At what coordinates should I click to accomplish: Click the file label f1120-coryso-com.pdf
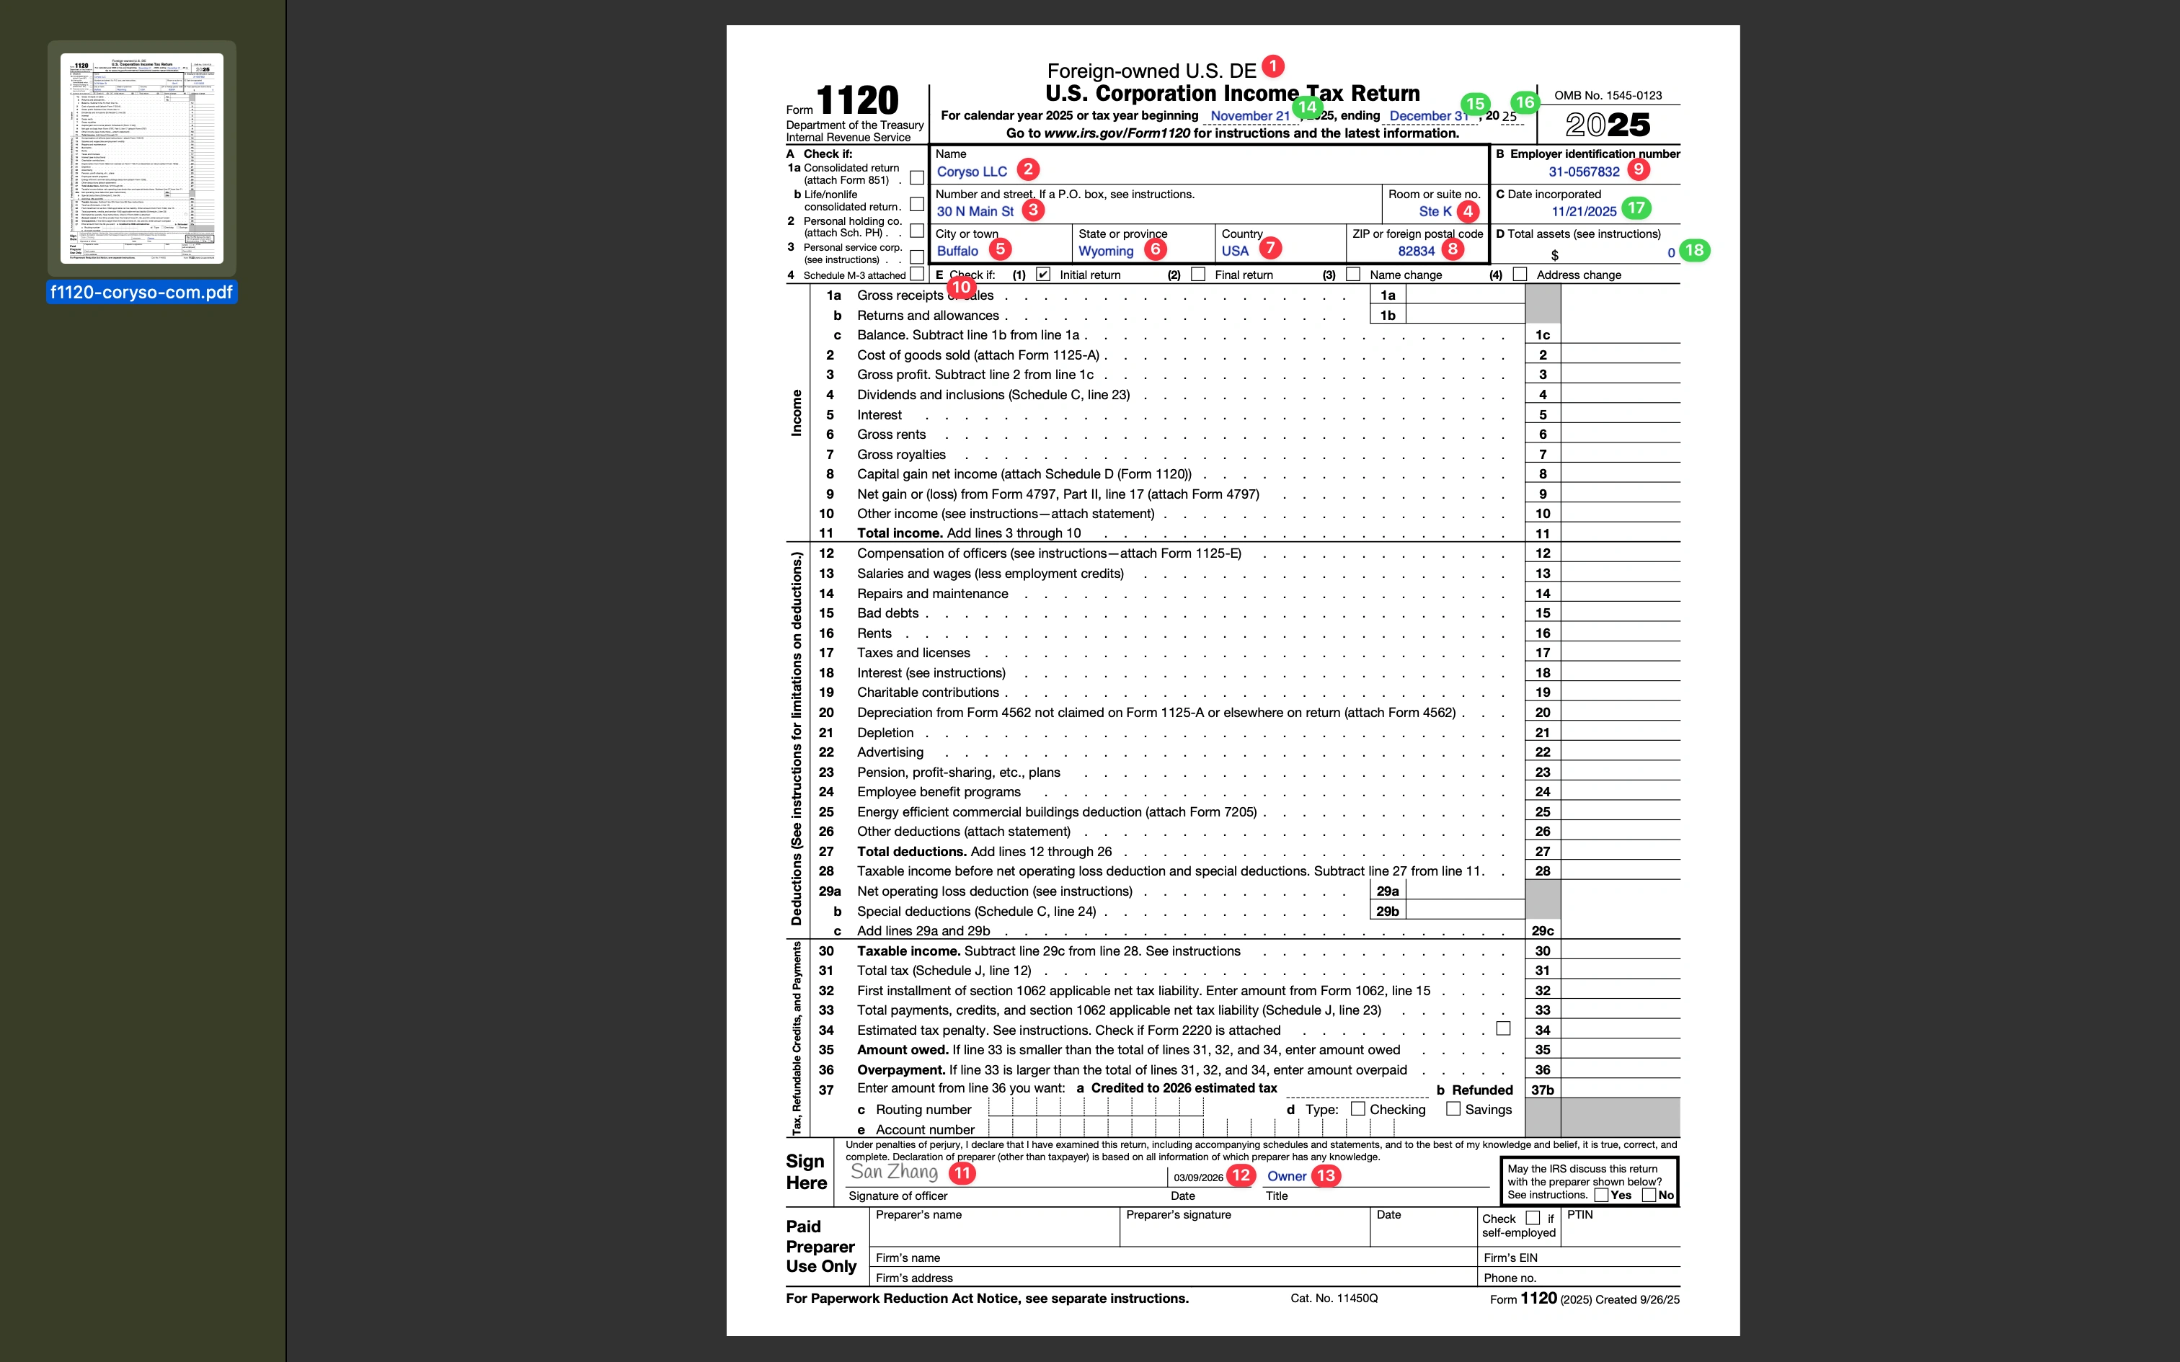141,292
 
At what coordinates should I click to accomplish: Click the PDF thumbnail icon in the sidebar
141,159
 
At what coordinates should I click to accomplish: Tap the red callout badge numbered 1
1273,66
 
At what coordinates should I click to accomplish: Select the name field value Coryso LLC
971,172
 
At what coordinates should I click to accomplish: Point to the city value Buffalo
957,252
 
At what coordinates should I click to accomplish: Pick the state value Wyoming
1105,252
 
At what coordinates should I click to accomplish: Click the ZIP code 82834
1416,252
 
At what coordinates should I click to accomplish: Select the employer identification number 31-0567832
1584,172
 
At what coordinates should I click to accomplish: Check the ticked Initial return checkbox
1043,275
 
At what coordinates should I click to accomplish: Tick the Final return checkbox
1198,275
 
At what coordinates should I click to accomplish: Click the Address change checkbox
1520,275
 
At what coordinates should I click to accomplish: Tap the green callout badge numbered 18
1694,251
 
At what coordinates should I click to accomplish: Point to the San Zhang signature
894,1172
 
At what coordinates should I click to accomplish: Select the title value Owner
1286,1176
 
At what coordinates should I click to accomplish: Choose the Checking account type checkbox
1357,1109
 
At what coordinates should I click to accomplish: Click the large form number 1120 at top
858,101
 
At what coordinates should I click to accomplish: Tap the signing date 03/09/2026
1198,1178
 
